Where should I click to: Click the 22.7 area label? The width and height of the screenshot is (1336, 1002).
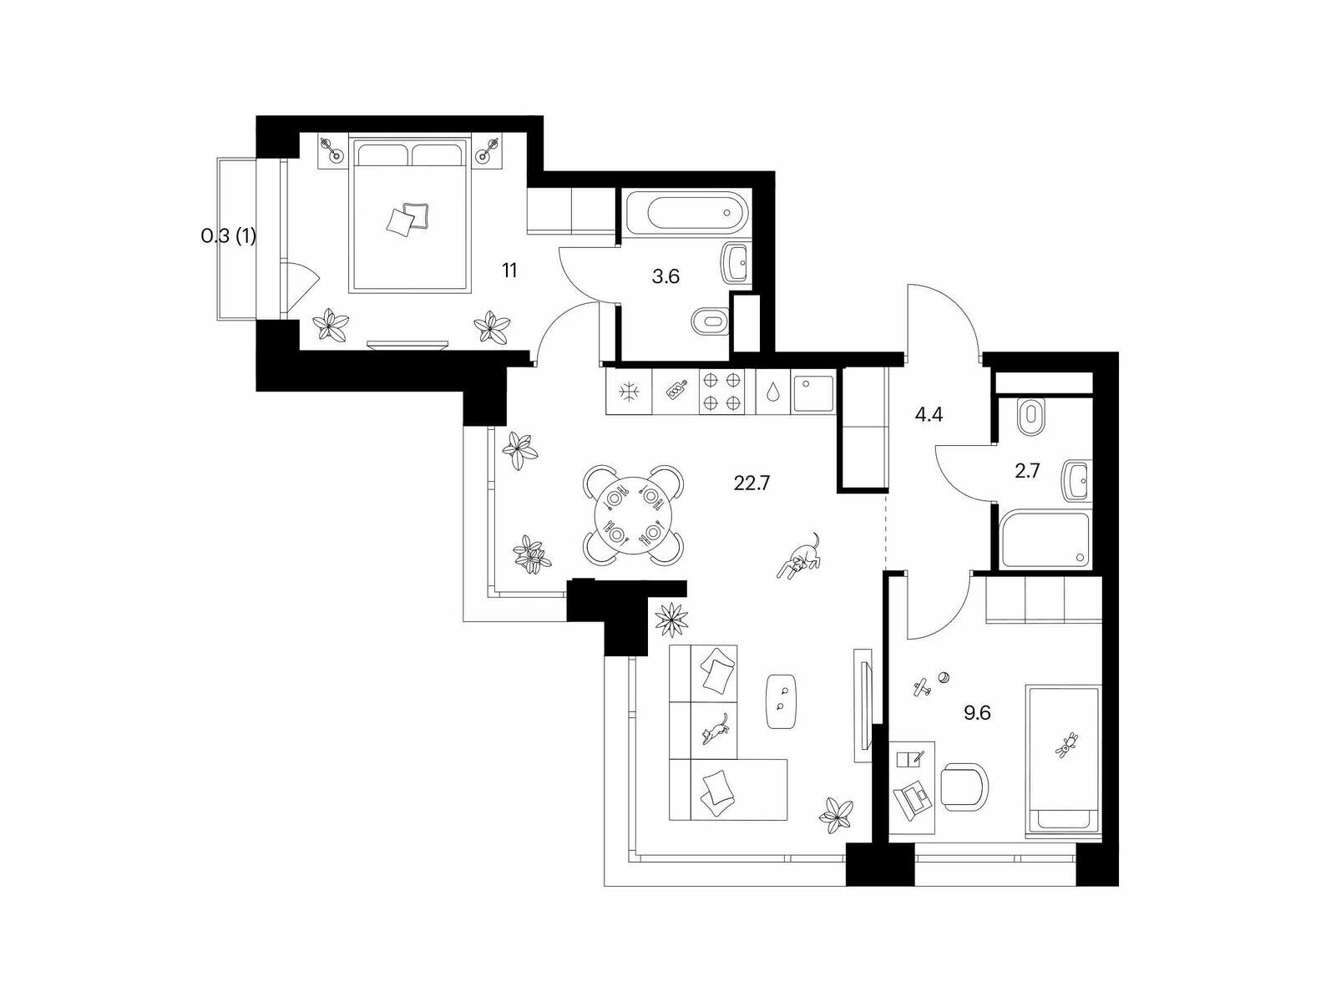(752, 483)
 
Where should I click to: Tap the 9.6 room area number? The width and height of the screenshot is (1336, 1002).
(977, 712)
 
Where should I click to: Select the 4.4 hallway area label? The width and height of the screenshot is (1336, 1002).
(929, 415)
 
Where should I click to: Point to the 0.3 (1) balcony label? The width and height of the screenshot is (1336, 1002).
(228, 236)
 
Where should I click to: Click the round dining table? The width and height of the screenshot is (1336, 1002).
(633, 515)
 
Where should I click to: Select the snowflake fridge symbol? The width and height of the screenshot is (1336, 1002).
(628, 392)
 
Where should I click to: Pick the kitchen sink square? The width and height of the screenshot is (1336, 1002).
(814, 392)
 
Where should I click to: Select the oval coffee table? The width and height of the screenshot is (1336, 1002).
(782, 701)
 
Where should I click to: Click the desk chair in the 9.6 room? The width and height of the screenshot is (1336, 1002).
(964, 788)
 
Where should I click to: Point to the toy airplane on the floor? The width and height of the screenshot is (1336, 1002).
(923, 687)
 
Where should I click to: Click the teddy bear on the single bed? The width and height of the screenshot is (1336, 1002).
(1066, 744)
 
